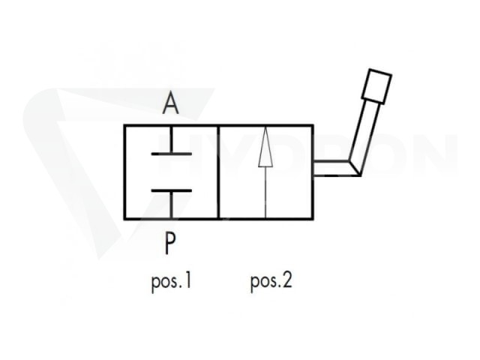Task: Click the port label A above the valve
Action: [x=170, y=103]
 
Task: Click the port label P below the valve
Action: [x=170, y=243]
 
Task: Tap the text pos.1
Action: [x=172, y=282]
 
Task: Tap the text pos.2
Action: [x=271, y=282]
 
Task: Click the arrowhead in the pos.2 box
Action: [x=265, y=148]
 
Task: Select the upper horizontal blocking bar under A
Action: [x=172, y=154]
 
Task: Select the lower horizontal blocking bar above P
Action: [x=172, y=190]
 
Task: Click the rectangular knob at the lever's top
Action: [x=376, y=86]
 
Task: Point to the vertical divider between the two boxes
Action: [x=218, y=172]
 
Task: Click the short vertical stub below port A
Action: [x=172, y=139]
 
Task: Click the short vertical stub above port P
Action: [x=172, y=205]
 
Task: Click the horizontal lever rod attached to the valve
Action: [x=332, y=168]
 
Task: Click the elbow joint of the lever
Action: [x=355, y=168]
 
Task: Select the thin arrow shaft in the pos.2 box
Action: [x=265, y=192]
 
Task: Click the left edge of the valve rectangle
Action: [x=124, y=172]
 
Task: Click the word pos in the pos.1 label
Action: [x=164, y=283]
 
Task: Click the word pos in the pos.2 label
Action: [x=263, y=283]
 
